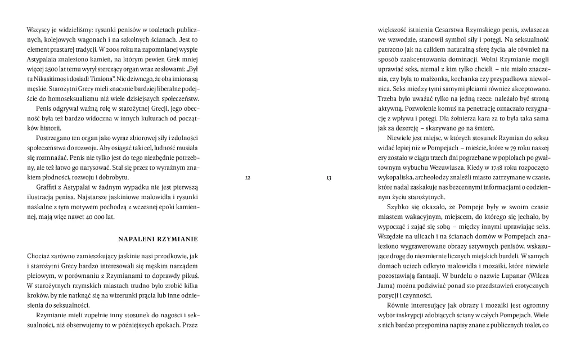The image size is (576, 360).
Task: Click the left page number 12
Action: [248, 178]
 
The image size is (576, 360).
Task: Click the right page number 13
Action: [328, 178]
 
